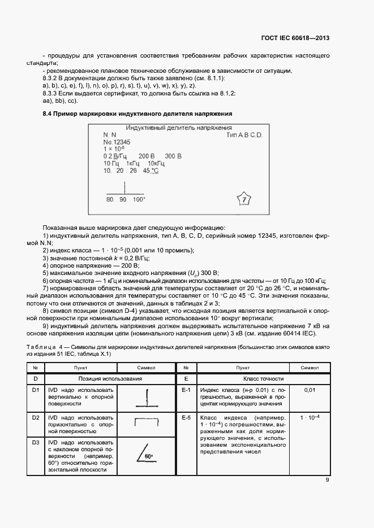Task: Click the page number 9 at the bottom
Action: [327, 481]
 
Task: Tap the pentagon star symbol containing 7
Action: [244, 199]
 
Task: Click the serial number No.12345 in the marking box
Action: [117, 142]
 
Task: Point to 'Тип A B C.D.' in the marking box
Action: [244, 136]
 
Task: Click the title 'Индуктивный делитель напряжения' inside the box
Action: [179, 129]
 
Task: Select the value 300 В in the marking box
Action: [173, 156]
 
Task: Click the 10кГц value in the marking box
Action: [148, 163]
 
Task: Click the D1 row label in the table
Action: [36, 390]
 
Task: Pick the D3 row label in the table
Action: [36, 443]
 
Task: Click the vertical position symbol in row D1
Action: [146, 398]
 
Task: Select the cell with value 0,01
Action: [309, 390]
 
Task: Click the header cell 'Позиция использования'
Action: [110, 379]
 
